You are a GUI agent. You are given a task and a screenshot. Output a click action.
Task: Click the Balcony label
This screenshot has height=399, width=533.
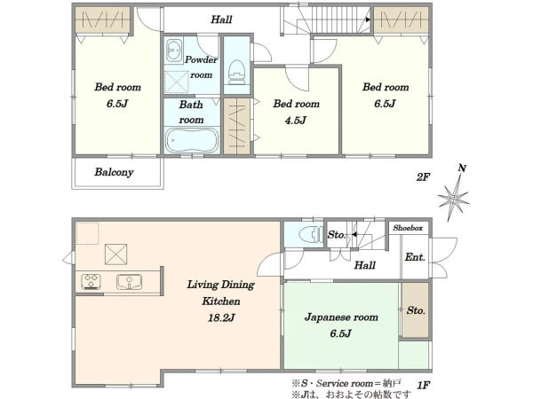click(114, 172)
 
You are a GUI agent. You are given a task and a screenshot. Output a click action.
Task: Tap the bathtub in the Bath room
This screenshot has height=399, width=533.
click(192, 140)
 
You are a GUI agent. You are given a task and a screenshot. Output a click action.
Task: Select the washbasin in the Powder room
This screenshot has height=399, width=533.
click(174, 51)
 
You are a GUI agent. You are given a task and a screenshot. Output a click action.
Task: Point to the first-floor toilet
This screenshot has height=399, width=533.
click(311, 234)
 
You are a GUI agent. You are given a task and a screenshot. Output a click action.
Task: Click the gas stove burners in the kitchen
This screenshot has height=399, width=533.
click(91, 282)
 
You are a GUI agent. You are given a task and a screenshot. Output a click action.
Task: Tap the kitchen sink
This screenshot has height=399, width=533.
click(129, 282)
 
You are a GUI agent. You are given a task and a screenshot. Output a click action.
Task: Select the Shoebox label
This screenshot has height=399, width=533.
click(408, 228)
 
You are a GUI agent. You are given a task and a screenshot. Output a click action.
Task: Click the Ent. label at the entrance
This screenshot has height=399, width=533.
click(415, 257)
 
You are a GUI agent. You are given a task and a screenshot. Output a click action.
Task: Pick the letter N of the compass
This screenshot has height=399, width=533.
click(462, 168)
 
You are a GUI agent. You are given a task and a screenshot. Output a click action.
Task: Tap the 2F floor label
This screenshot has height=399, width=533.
click(423, 176)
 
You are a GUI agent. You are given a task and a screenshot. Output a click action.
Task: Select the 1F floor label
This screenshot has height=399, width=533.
click(424, 385)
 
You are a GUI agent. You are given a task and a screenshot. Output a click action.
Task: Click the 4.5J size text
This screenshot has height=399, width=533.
click(296, 120)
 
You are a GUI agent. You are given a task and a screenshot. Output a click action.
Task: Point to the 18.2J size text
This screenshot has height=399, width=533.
click(221, 318)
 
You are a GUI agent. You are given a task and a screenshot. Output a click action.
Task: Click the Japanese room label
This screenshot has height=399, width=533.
click(341, 317)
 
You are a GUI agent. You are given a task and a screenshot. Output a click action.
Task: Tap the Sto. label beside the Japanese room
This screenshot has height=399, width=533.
click(416, 310)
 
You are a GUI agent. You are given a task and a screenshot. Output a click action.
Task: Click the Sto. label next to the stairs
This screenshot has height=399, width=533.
click(337, 235)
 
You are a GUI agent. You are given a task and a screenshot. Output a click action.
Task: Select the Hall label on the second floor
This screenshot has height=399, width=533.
click(221, 20)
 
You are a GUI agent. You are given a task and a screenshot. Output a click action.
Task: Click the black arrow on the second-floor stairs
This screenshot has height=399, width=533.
click(368, 20)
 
